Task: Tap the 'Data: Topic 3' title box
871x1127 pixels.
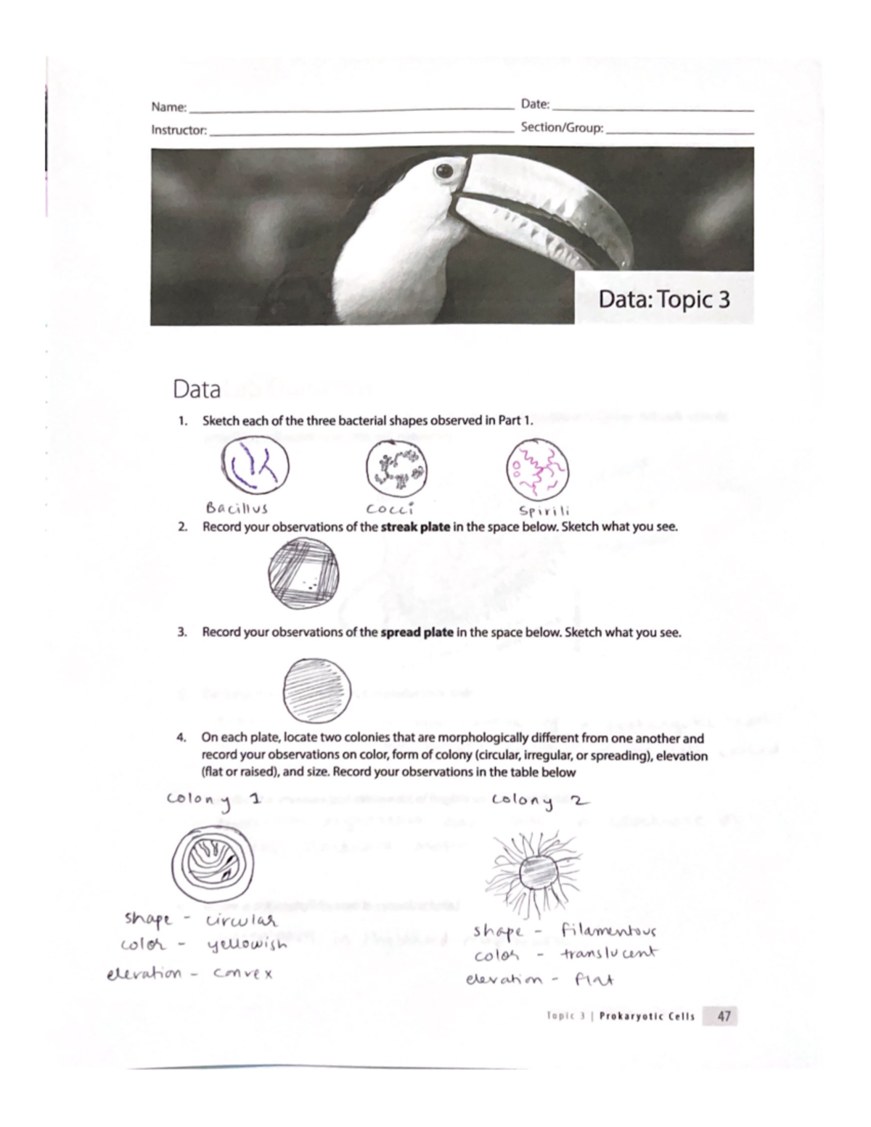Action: coord(664,299)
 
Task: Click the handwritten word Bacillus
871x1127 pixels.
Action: coord(237,508)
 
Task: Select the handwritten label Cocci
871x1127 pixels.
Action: coord(390,508)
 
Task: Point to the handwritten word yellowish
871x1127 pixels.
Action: coord(247,946)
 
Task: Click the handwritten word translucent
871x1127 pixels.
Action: coord(608,953)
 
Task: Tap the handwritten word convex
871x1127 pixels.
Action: coord(242,973)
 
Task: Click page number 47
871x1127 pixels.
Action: coord(724,1016)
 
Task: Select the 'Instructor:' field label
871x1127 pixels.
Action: coord(179,131)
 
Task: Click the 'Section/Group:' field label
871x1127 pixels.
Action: coord(562,128)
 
